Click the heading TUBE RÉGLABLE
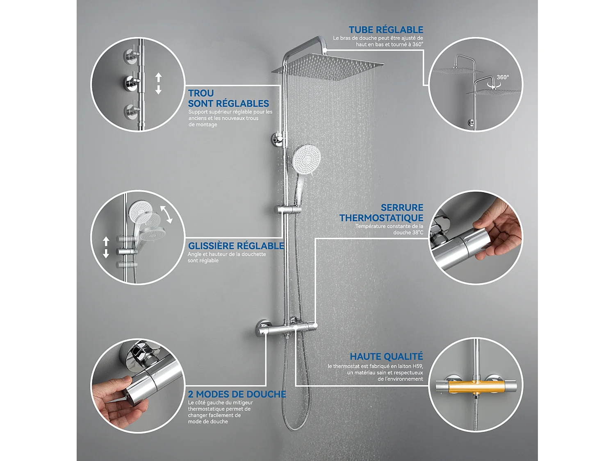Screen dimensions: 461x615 pyautogui.click(x=386, y=30)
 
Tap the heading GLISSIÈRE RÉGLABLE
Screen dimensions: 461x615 pyautogui.click(x=236, y=246)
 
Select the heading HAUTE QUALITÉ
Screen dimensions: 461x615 pyautogui.click(x=386, y=357)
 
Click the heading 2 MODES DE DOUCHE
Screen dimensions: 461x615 pyautogui.click(x=237, y=394)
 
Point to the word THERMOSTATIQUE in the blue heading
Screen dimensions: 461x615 pyautogui.click(x=381, y=218)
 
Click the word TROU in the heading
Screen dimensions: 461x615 pyautogui.click(x=201, y=93)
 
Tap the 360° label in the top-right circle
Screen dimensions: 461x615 pyautogui.click(x=503, y=77)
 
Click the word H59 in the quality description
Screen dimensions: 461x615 pyautogui.click(x=416, y=366)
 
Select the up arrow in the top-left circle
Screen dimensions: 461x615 pyautogui.click(x=159, y=77)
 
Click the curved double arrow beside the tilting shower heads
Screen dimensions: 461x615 pyautogui.click(x=166, y=214)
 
